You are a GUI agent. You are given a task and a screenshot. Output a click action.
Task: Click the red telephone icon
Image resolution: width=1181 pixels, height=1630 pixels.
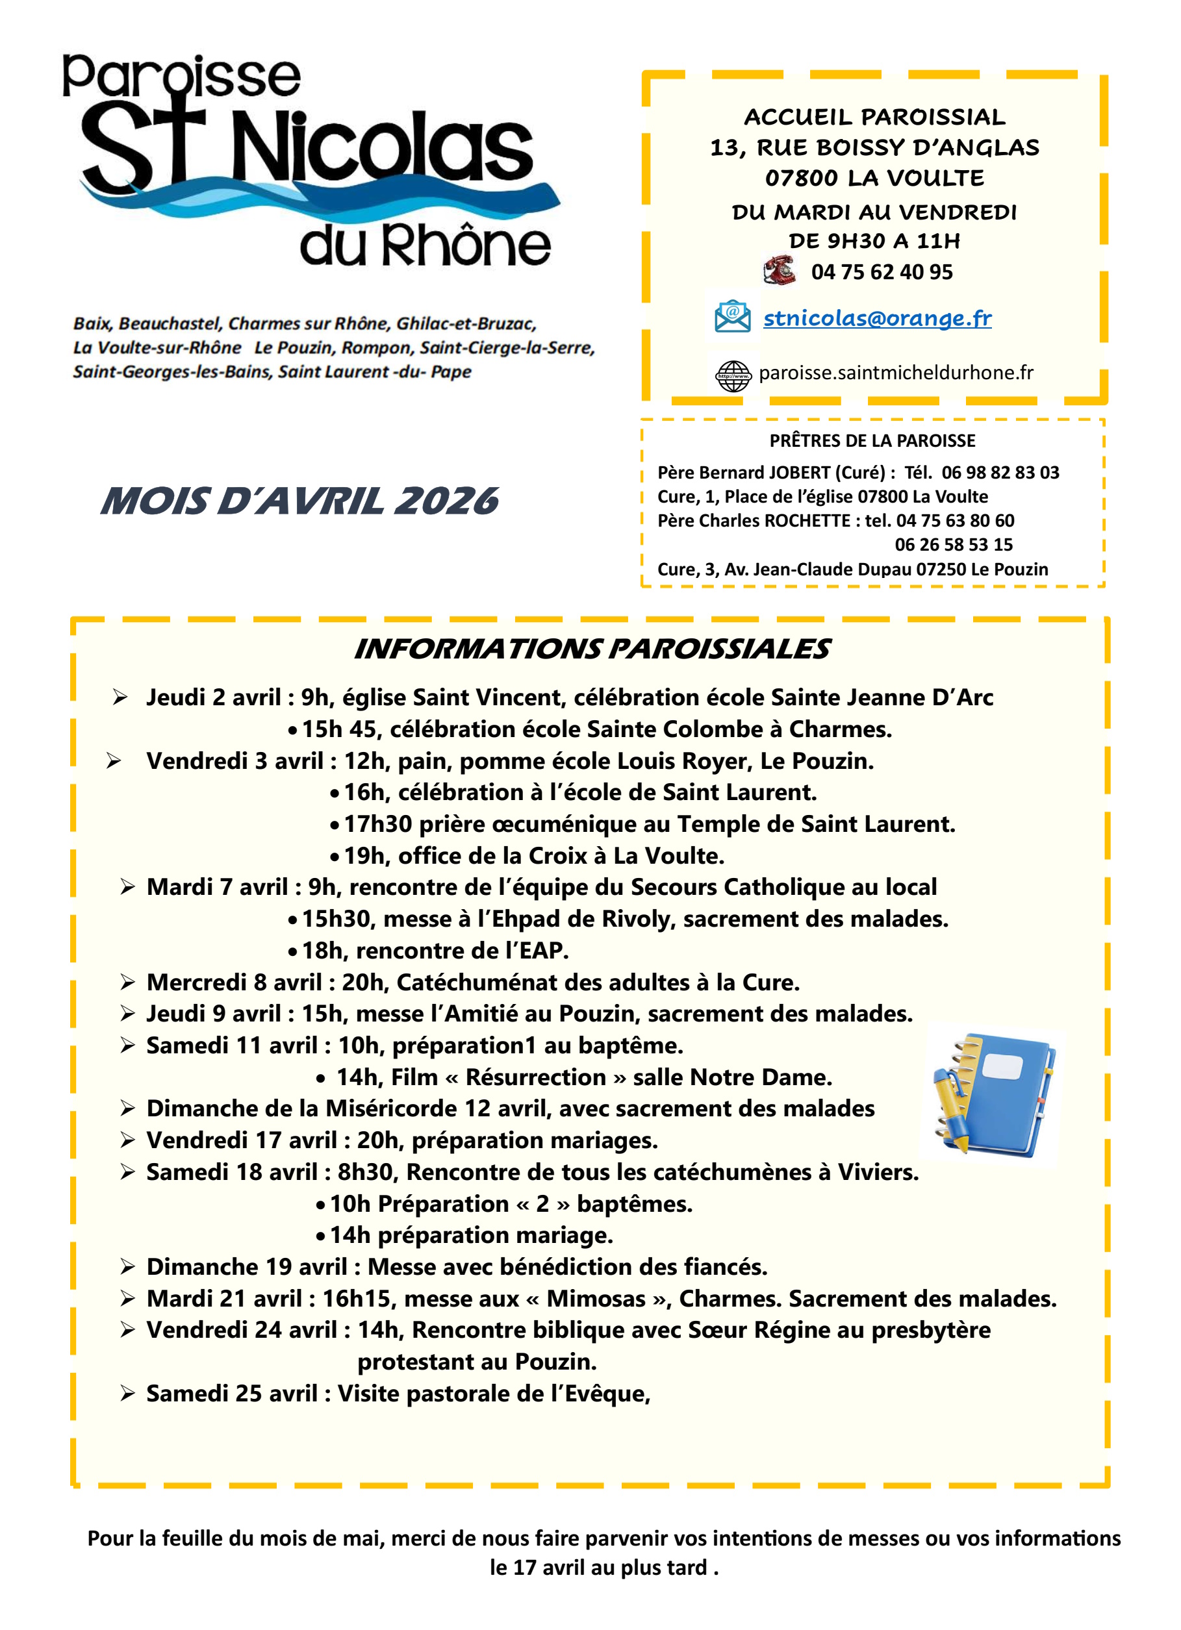point(779,270)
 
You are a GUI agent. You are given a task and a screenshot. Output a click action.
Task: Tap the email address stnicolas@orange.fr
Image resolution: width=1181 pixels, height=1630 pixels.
point(877,318)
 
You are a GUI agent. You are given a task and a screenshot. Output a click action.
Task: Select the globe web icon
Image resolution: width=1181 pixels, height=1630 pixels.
point(733,375)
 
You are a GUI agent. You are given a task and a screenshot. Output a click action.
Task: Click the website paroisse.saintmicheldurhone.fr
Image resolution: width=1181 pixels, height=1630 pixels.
point(896,372)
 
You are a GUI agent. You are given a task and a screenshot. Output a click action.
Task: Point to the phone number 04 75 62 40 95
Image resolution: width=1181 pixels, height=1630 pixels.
point(882,271)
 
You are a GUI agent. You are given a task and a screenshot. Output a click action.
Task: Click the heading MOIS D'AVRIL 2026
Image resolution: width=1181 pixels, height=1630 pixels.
point(299,501)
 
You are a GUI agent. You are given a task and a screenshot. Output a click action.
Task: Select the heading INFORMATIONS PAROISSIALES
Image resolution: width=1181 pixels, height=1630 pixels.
point(592,648)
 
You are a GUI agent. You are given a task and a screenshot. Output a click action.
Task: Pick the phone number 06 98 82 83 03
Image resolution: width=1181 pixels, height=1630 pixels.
point(1000,472)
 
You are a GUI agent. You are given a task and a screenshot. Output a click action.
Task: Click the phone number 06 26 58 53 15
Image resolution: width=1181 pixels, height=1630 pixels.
point(953,544)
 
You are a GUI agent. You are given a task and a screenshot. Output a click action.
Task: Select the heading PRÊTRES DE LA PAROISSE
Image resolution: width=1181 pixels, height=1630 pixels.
point(872,440)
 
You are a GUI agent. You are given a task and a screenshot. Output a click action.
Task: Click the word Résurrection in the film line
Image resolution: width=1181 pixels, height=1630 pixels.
point(535,1077)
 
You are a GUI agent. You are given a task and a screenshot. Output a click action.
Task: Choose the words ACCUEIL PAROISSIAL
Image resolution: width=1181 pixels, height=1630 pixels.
point(874,116)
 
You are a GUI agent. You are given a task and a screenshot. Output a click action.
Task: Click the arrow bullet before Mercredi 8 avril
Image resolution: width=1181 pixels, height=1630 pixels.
point(128,982)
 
